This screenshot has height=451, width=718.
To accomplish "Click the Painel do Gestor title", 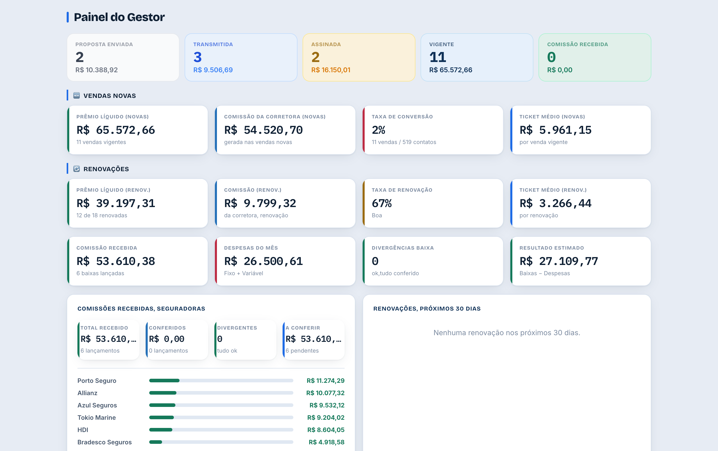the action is (x=119, y=17).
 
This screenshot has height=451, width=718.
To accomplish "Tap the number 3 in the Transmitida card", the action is (x=197, y=57).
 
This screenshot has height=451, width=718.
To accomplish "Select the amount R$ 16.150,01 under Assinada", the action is (x=331, y=70).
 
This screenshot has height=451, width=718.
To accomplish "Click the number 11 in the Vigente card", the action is (x=437, y=57).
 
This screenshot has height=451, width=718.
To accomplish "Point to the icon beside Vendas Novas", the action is (x=77, y=95).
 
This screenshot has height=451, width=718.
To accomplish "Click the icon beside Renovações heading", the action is (x=77, y=169).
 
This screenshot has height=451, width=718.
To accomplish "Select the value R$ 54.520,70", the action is (x=263, y=130).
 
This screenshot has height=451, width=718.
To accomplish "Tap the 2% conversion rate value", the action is (x=378, y=130).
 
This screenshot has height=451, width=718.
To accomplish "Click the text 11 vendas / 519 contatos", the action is (x=404, y=142).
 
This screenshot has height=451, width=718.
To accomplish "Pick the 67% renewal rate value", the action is (x=382, y=203).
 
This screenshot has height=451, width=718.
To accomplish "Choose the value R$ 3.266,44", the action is (x=555, y=203).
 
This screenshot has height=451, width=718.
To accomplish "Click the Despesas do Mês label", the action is (x=251, y=248).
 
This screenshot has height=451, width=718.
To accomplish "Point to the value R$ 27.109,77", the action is (x=559, y=261).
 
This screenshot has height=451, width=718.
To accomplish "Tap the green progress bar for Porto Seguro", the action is (x=164, y=380).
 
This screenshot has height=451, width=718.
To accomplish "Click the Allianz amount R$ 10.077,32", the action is (x=325, y=393).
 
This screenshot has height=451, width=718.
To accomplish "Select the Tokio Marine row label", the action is (x=97, y=417).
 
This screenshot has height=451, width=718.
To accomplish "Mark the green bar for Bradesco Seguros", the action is (x=156, y=442).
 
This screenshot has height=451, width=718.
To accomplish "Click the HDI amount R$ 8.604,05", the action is (x=326, y=430).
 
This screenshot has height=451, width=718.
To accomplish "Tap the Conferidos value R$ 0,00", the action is (x=167, y=339).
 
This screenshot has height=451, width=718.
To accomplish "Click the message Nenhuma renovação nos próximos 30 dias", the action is (x=507, y=332).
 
